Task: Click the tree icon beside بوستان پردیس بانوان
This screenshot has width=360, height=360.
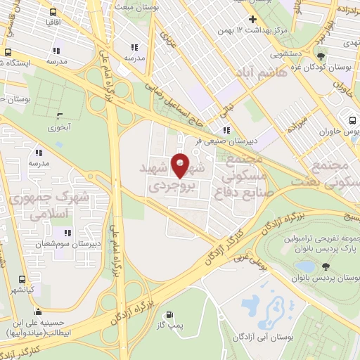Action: click(325, 266)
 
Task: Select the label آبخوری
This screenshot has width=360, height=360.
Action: click(60, 128)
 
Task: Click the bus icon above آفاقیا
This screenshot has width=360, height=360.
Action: click(53, 12)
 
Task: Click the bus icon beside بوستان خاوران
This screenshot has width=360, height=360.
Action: click(351, 119)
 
